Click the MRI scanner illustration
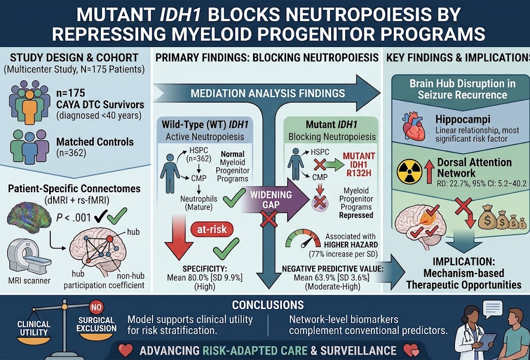click(x=28, y=257)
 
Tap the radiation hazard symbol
click(x=409, y=171)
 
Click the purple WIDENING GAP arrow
click(x=275, y=199)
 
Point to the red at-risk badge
click(x=212, y=229)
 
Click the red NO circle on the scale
click(x=96, y=308)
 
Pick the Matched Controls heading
click(x=95, y=141)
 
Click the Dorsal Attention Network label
click(x=474, y=167)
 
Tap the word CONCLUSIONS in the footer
click(x=268, y=305)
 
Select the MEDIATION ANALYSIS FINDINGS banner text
click(x=268, y=93)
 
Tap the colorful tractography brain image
click(x=29, y=217)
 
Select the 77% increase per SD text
click(x=343, y=254)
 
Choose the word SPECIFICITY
click(x=204, y=269)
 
